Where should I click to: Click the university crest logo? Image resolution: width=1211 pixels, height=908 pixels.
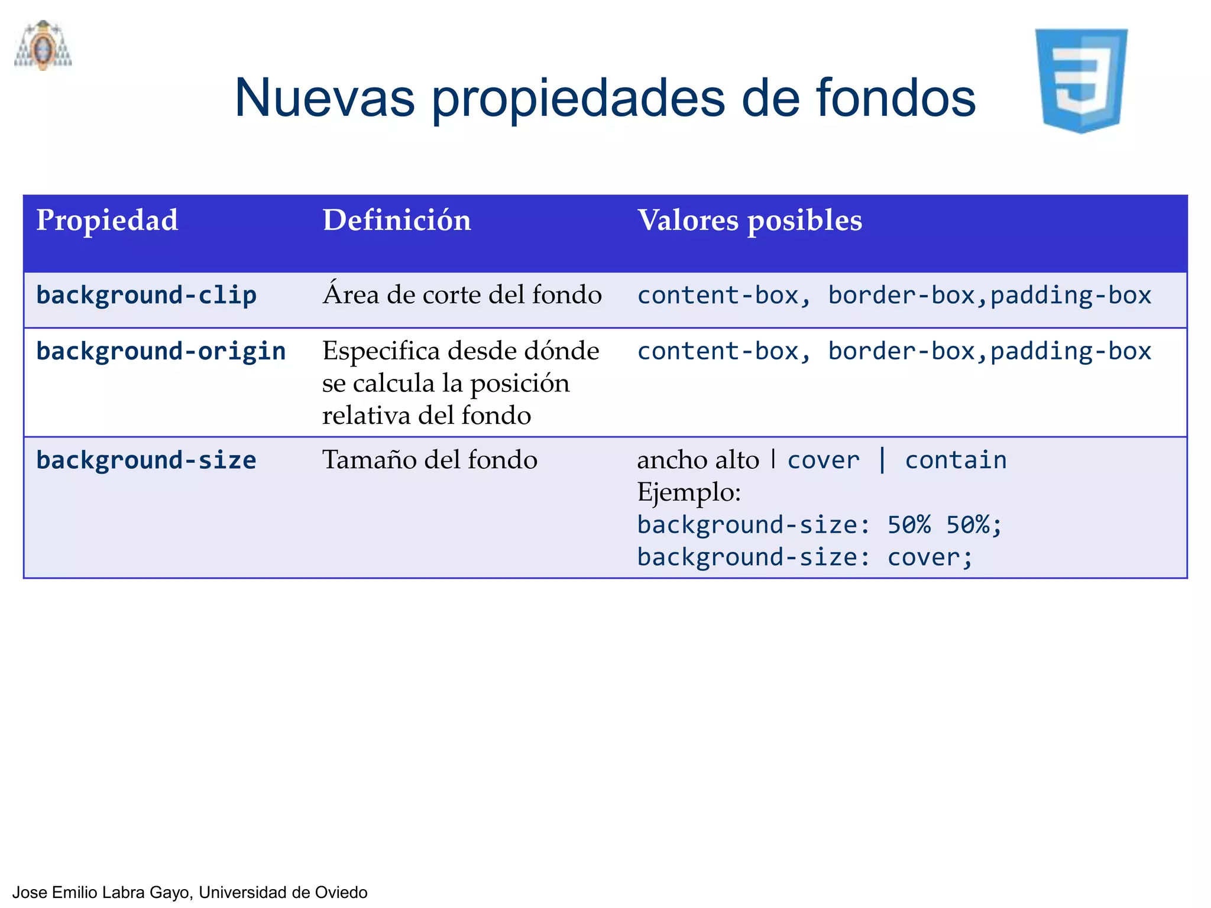pyautogui.click(x=43, y=46)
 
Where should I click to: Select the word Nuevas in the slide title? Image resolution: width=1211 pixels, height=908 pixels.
pyautogui.click(x=324, y=98)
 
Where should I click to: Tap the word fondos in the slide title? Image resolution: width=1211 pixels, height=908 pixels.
pyautogui.click(x=895, y=98)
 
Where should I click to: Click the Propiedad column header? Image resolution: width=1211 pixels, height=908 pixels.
pyautogui.click(x=107, y=220)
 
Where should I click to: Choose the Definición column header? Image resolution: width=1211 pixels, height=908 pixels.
pyautogui.click(x=397, y=220)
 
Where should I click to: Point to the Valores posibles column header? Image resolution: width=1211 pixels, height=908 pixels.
pyautogui.click(x=749, y=220)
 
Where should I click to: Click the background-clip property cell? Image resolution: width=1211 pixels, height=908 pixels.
pyautogui.click(x=146, y=295)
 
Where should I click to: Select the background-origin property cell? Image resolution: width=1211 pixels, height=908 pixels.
pyautogui.click(x=161, y=351)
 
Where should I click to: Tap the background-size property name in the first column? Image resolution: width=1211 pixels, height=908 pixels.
pyautogui.click(x=146, y=461)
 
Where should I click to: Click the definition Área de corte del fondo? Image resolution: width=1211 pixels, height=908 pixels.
pyautogui.click(x=462, y=294)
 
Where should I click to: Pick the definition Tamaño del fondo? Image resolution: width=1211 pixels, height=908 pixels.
pyautogui.click(x=430, y=460)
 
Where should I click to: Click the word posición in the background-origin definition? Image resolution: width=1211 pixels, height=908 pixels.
pyautogui.click(x=520, y=384)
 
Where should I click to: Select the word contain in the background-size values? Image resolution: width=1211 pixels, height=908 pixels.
pyautogui.click(x=956, y=461)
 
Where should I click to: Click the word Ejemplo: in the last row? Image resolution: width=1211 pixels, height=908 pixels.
pyautogui.click(x=689, y=492)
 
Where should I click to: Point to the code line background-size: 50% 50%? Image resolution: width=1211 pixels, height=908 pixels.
pyautogui.click(x=820, y=525)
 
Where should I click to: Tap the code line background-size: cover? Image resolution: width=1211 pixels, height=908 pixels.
pyautogui.click(x=805, y=557)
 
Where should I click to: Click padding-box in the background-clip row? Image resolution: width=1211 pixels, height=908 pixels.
pyautogui.click(x=1071, y=295)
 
